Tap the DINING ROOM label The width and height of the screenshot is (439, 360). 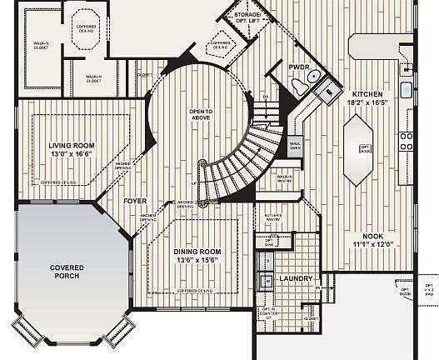pos(197,252)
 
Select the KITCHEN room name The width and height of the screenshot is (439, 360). pos(367,94)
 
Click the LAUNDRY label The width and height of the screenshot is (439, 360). pos(295,278)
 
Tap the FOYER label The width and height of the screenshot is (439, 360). pos(135,201)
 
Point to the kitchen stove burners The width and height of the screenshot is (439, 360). pos(407,142)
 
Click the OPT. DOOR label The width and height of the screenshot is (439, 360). pos(406,292)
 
